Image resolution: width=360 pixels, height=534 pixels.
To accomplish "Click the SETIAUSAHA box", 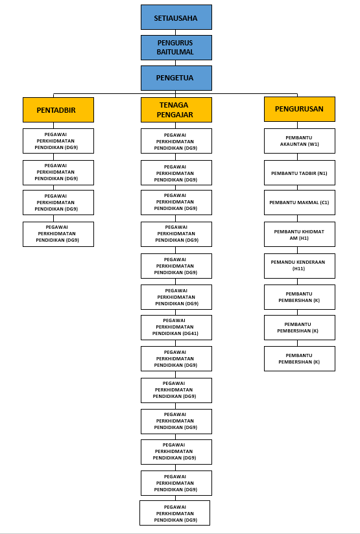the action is click(x=176, y=17).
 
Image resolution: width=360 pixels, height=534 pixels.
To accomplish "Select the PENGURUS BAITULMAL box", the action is click(x=176, y=48).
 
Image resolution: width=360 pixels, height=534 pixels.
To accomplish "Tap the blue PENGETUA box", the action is click(x=176, y=78).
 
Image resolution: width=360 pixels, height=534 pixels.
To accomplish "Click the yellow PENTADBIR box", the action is click(x=58, y=110).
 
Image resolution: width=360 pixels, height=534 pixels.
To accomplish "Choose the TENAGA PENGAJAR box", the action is click(x=176, y=110).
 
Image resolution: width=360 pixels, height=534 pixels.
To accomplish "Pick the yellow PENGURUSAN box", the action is click(x=300, y=109).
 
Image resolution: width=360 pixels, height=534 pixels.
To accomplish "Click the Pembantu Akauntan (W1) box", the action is click(x=300, y=141).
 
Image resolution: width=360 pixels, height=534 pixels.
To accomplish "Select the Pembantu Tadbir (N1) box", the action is click(x=300, y=172).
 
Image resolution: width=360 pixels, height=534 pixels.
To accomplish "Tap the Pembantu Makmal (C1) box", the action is click(x=300, y=202).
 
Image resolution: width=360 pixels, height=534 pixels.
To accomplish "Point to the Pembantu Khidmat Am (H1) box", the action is click(x=300, y=235).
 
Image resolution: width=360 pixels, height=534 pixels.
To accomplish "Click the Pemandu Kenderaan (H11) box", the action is click(x=300, y=266).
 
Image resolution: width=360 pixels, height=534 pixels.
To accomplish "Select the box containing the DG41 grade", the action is click(x=176, y=328).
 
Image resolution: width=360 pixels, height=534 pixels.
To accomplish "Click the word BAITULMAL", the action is click(x=175, y=52).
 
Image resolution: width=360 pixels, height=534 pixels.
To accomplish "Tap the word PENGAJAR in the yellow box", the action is click(x=175, y=115).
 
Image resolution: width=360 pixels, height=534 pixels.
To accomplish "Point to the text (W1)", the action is click(x=313, y=144).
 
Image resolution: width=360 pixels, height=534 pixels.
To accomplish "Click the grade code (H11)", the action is click(x=298, y=269).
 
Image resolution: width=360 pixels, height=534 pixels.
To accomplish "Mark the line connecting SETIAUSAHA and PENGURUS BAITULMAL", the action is click(x=176, y=32).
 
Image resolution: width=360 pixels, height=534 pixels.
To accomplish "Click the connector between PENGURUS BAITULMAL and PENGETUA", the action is click(x=176, y=63).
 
